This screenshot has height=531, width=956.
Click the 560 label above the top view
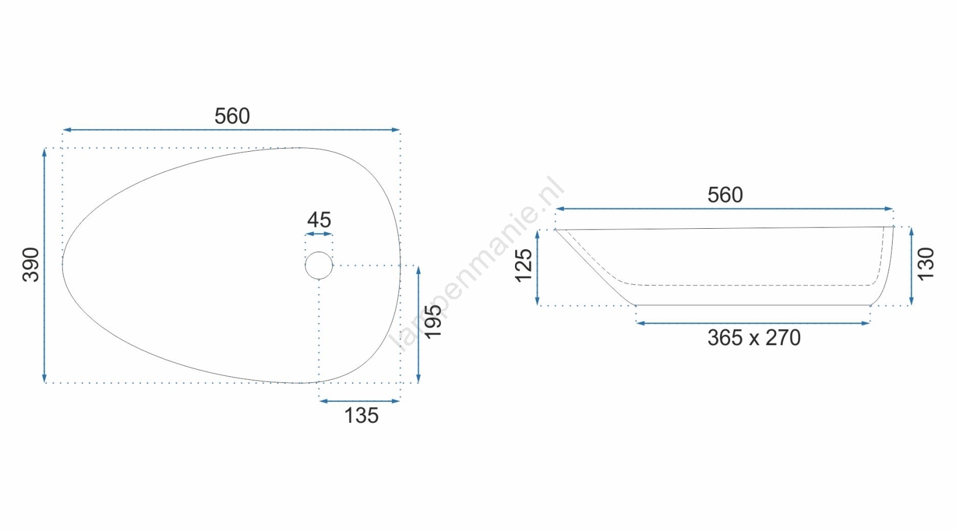(232, 116)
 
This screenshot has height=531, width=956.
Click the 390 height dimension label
(30, 265)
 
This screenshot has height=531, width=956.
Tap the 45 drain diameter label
(319, 220)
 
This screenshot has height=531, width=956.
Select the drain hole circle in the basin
(319, 252)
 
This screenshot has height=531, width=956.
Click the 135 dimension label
(361, 416)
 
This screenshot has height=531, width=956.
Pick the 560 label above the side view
(725, 195)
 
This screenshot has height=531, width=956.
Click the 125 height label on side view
(523, 265)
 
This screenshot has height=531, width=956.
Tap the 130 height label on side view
(926, 263)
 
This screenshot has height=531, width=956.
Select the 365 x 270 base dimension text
(753, 338)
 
